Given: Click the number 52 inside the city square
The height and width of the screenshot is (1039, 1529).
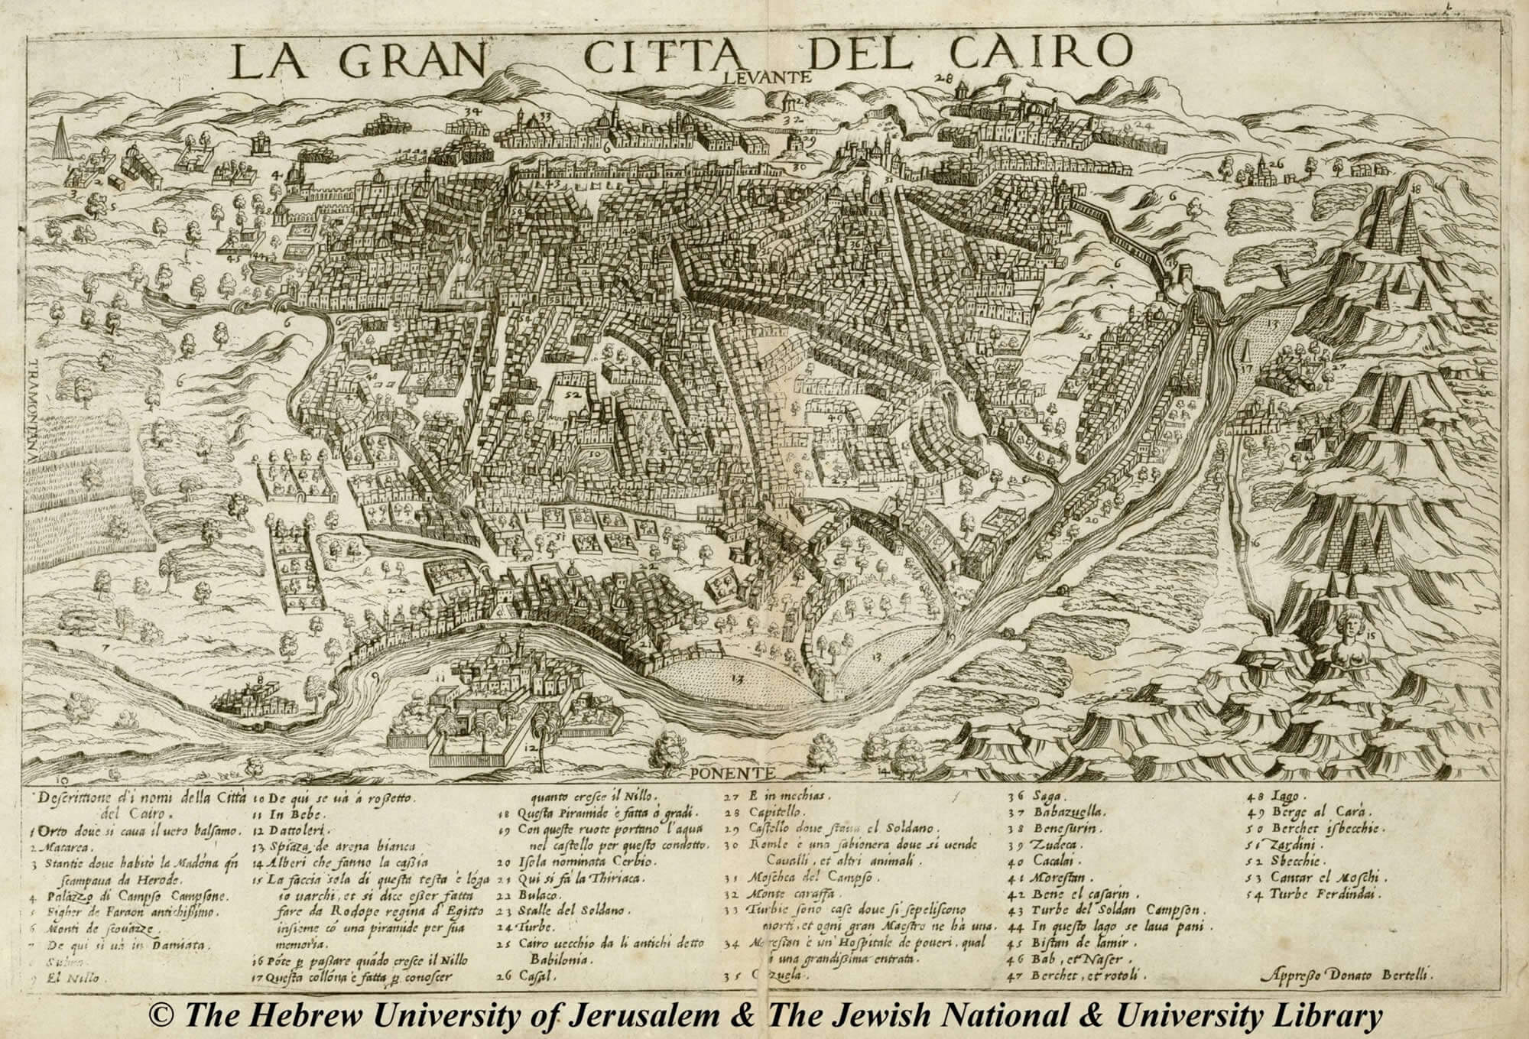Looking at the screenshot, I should (572, 396).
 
